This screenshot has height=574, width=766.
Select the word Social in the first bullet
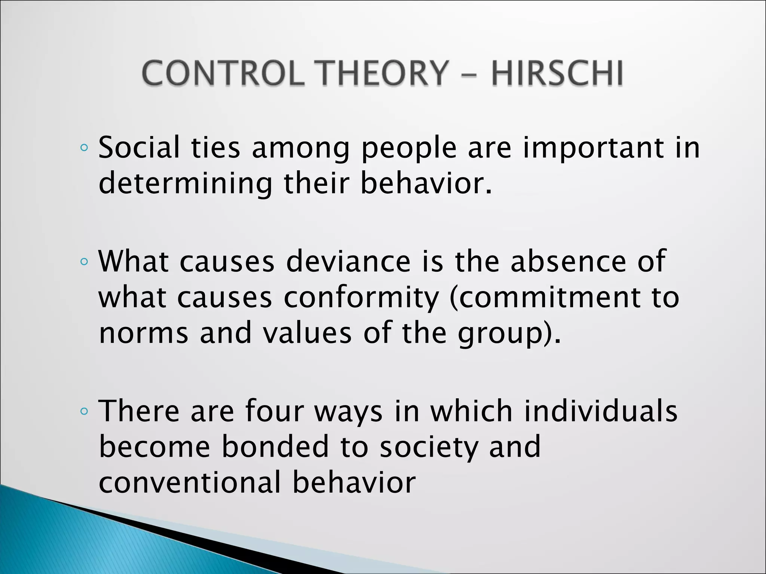tap(139, 147)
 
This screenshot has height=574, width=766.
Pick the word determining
tap(185, 184)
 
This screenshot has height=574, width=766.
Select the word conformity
tap(361, 298)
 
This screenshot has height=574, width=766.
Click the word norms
tap(144, 333)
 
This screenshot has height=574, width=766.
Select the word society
tap(429, 447)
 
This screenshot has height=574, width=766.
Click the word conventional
tap(189, 482)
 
